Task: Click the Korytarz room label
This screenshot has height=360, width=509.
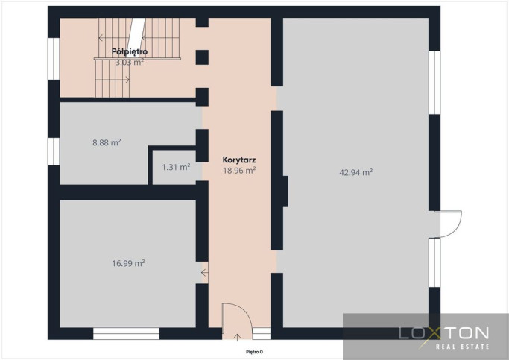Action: (x=239, y=160)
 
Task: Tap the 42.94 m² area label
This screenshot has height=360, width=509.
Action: (x=355, y=172)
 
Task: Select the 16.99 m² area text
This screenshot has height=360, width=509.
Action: (x=128, y=263)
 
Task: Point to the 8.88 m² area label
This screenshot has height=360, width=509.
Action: (x=107, y=142)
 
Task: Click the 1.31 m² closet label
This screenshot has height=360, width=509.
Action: (x=176, y=167)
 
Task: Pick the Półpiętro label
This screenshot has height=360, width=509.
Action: (x=130, y=51)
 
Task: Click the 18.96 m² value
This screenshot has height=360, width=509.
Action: (x=239, y=171)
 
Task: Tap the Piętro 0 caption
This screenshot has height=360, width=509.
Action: (x=254, y=352)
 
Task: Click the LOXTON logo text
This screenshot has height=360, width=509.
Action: (x=443, y=333)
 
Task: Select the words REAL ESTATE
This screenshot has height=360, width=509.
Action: (x=462, y=347)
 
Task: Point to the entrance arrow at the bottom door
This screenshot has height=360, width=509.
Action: (x=237, y=338)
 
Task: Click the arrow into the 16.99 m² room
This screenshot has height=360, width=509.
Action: (x=204, y=273)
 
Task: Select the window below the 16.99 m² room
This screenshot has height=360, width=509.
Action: (x=126, y=334)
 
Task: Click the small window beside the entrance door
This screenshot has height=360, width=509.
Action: (x=262, y=334)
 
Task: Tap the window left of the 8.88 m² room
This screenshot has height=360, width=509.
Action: (x=54, y=151)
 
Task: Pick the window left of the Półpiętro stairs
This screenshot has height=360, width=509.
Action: (x=54, y=59)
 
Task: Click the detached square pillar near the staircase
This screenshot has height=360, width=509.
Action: (x=202, y=57)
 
